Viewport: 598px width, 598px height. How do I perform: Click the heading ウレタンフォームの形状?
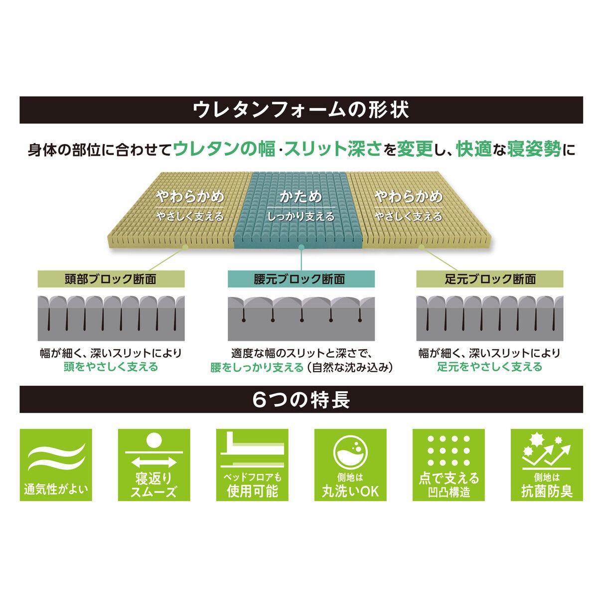point(300,110)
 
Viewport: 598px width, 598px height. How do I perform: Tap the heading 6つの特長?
point(301,400)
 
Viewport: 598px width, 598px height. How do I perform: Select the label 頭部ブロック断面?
point(111,279)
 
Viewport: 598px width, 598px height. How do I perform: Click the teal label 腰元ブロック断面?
point(301,279)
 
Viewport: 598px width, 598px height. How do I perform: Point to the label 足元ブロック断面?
point(490,279)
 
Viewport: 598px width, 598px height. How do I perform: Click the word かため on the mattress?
point(300,197)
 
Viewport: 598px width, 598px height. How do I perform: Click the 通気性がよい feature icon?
point(56,465)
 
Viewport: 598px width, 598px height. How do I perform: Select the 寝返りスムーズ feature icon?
point(154,465)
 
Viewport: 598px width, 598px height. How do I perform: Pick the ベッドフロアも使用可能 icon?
point(252,465)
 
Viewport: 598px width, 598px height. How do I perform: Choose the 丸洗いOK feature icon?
point(350,465)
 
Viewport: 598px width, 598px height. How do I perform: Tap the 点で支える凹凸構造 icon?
point(448,465)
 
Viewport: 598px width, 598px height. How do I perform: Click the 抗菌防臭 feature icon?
point(547,465)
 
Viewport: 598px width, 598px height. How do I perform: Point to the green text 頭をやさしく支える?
point(111,367)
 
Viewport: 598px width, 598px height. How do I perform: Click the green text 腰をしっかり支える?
point(257,367)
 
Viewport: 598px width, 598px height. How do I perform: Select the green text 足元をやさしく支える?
point(490,367)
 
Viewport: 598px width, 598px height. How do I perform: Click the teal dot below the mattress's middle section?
point(301,247)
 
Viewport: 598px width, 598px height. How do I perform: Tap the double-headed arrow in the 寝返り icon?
point(154,462)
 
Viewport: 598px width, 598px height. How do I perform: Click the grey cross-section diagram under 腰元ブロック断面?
point(301,319)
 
